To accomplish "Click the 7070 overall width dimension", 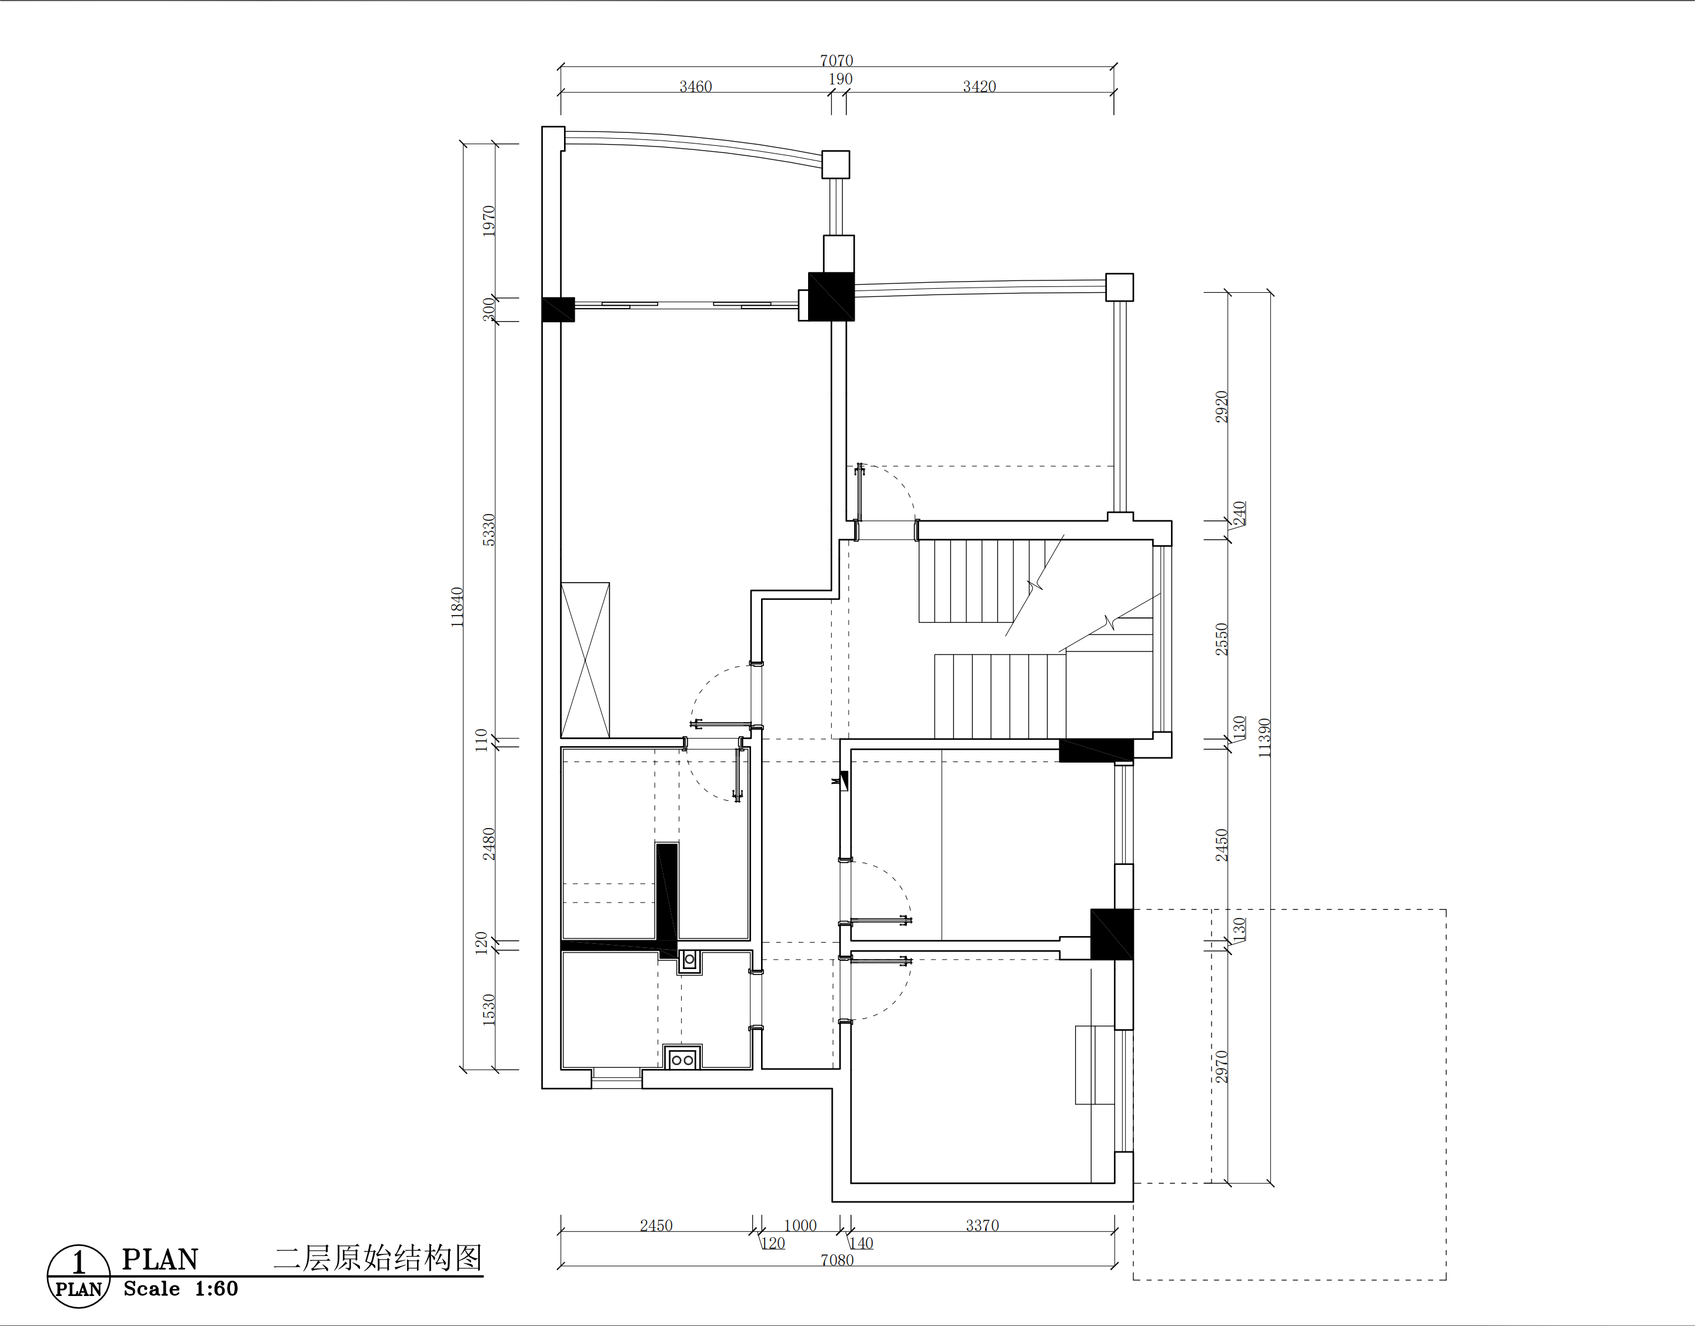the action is pos(836,61).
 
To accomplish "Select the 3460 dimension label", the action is pos(696,87).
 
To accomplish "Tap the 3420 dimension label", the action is pos(979,87).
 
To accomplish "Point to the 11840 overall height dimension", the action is pos(458,607).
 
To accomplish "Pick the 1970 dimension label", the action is pos(488,221).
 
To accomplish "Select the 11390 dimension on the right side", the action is pos(1265,737).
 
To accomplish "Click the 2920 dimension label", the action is pos(1222,407).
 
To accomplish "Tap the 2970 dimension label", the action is pos(1222,1067).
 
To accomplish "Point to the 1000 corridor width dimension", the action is pos(800,1225).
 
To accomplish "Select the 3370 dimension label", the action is pos(982,1225).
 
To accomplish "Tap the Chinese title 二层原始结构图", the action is pos(378,1258).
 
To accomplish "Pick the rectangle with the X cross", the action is pos(585,660).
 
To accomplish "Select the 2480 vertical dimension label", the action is pos(488,844).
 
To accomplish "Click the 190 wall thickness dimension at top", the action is pos(840,79).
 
